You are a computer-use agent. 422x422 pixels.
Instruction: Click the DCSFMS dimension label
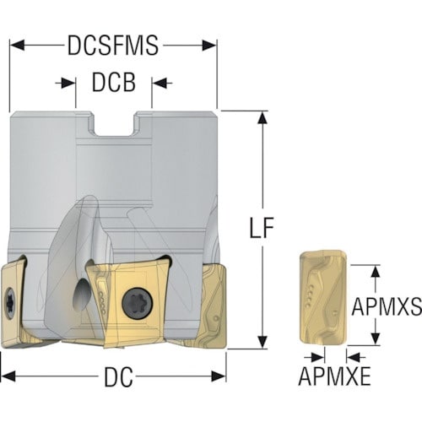point(113,46)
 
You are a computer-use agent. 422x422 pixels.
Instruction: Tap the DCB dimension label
point(114,83)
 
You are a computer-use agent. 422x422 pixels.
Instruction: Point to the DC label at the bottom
point(118,377)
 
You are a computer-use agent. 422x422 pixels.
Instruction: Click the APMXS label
point(387,306)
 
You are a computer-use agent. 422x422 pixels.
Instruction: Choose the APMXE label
point(334,376)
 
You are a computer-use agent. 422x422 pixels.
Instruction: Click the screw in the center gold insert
point(138,304)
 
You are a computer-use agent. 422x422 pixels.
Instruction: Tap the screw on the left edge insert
point(9,303)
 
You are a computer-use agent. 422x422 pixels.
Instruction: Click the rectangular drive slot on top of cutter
point(114,124)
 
